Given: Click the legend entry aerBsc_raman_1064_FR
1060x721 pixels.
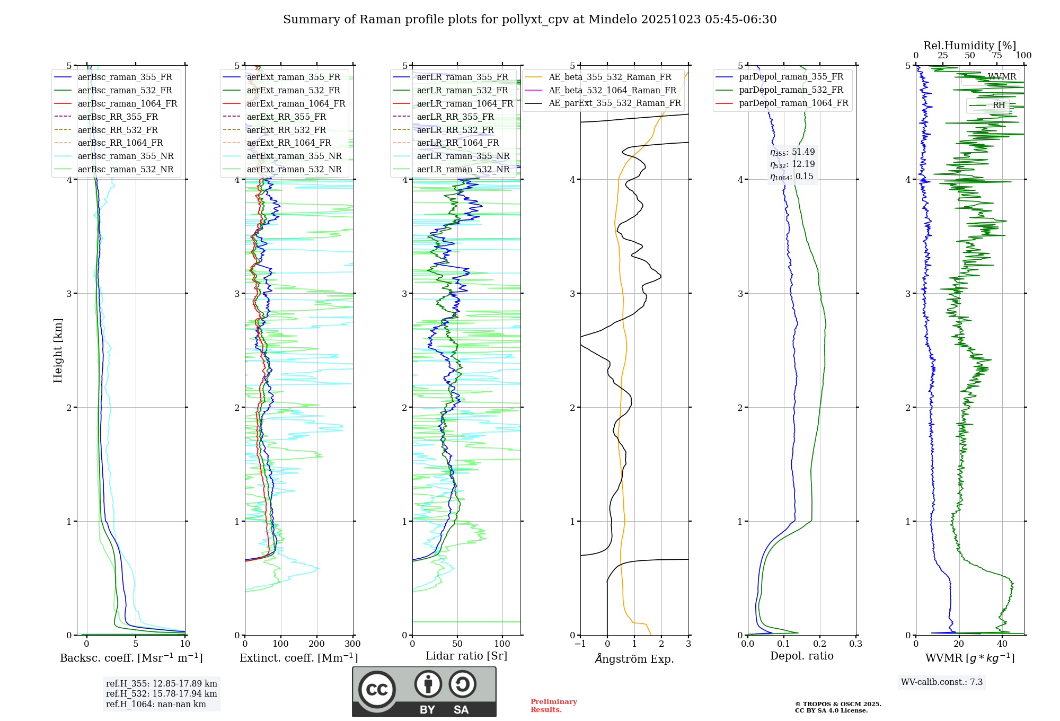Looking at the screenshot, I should point(127,103).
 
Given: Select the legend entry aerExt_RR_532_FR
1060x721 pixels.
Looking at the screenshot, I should point(286,130).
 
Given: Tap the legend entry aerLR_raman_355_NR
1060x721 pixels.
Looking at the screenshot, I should point(463,156).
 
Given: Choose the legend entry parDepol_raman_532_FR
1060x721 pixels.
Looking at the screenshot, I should point(791,90).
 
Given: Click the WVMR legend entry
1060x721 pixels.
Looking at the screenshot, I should point(1002,77).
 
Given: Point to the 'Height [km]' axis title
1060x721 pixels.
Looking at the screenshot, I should point(58,350).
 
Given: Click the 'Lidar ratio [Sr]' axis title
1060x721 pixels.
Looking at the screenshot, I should point(466,656).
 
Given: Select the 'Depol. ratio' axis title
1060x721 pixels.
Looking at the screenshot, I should point(801,656).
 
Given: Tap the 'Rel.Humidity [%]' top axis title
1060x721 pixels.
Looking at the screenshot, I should point(969,46).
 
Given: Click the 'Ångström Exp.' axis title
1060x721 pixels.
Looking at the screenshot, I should point(634,658).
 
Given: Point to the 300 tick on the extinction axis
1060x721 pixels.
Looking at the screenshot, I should point(352,644).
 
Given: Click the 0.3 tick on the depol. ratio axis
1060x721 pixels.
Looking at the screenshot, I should point(855,644).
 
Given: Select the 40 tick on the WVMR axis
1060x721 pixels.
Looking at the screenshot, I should point(1002,644).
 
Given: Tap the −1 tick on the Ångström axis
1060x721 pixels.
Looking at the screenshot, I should point(580,644).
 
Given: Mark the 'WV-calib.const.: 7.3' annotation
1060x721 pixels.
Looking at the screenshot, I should point(942,682).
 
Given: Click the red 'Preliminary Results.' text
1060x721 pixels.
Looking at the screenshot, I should point(553,706).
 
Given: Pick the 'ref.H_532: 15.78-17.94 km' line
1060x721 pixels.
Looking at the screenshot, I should point(161,693).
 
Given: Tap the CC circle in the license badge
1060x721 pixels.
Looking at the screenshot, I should point(377,690).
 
